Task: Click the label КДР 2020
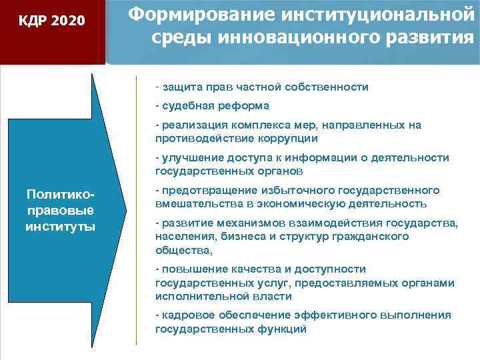[52, 21]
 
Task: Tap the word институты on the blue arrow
[59, 227]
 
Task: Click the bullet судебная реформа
[212, 106]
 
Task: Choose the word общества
[183, 250]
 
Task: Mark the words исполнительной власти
[223, 296]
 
